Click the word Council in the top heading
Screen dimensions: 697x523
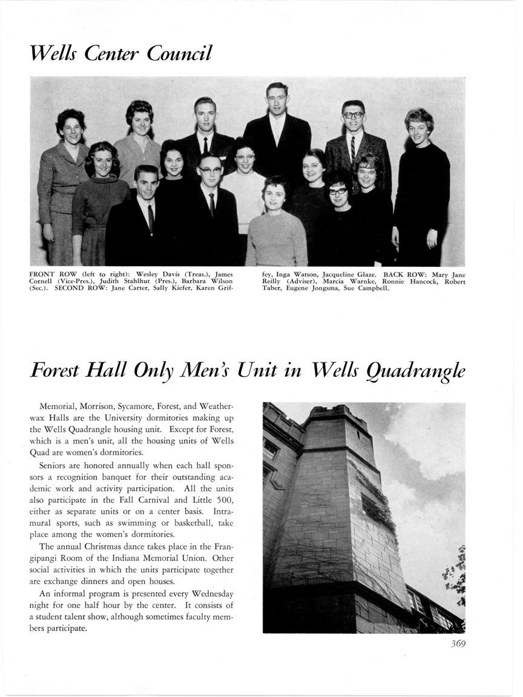point(179,53)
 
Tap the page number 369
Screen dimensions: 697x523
point(458,644)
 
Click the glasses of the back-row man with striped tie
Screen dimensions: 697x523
point(352,114)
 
